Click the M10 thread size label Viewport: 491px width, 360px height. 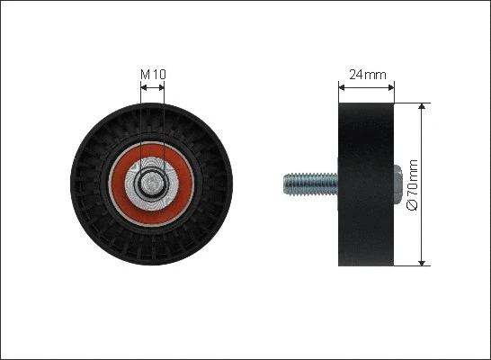(153, 75)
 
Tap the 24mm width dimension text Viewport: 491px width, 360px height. (368, 75)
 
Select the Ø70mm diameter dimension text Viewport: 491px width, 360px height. (412, 184)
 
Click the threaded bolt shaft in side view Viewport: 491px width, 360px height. (310, 184)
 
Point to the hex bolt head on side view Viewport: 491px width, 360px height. (397, 184)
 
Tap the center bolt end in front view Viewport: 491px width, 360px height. (152, 184)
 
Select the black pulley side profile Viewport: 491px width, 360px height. (366, 184)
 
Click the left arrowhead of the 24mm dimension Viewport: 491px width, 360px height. (342, 87)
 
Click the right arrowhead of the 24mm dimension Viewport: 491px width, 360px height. (391, 87)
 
